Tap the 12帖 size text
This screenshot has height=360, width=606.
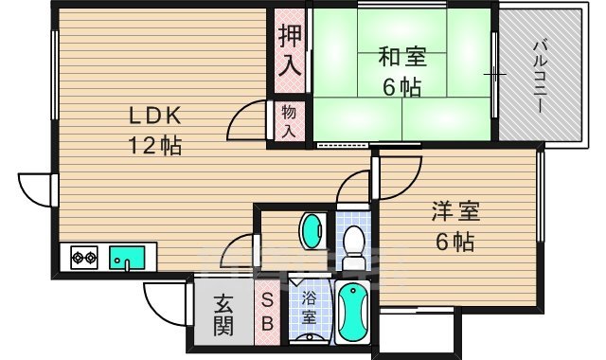[155, 147]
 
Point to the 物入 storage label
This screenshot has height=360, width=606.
[290, 121]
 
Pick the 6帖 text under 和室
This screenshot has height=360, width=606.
[402, 88]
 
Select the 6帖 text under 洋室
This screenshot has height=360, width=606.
[454, 242]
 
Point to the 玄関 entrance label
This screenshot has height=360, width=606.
[223, 315]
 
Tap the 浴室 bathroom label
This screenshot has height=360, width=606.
[309, 308]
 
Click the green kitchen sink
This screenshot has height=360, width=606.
[126, 257]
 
